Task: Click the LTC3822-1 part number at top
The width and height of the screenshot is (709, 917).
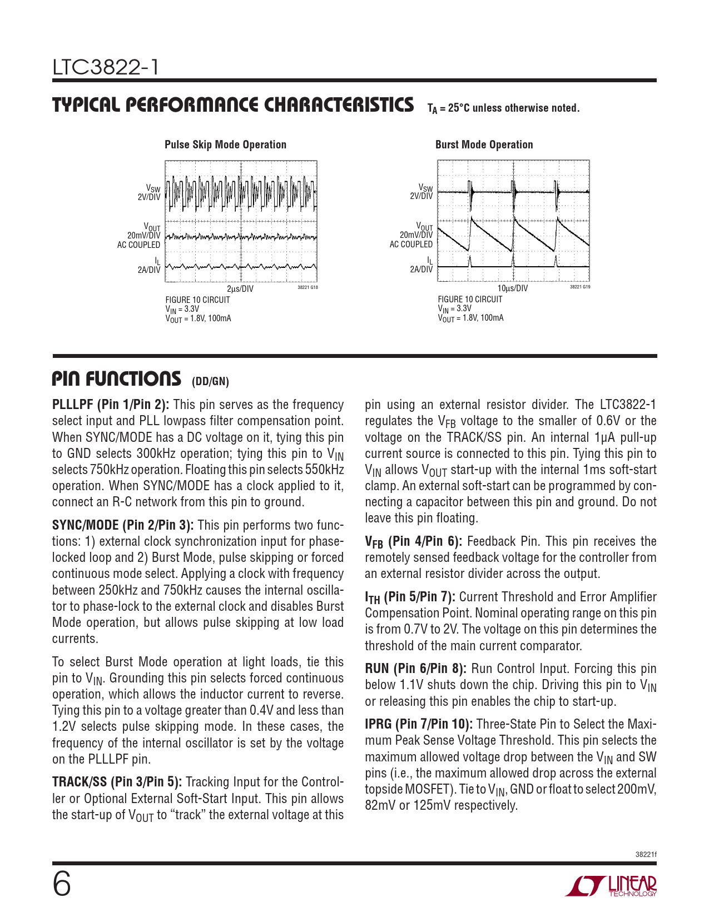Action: (x=106, y=67)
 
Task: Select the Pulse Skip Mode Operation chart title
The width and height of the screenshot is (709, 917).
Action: (x=226, y=144)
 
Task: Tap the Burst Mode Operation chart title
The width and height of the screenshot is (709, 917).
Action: (x=484, y=144)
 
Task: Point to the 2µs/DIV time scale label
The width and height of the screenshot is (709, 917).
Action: (x=240, y=288)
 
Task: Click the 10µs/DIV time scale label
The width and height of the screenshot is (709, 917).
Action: (x=512, y=288)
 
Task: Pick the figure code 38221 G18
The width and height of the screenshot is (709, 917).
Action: (x=308, y=287)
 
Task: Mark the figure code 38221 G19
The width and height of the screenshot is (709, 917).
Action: (x=580, y=287)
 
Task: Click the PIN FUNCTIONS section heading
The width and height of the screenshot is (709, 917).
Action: (x=117, y=378)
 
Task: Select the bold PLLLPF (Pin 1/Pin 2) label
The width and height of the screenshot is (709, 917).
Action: (x=111, y=405)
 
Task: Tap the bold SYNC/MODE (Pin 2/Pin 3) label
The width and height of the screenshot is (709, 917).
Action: (x=123, y=525)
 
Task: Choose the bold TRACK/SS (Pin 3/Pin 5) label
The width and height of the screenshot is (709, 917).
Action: (x=117, y=783)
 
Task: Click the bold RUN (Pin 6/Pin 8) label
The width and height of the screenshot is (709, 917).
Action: (x=416, y=669)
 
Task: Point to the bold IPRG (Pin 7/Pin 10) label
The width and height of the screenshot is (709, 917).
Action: (x=419, y=725)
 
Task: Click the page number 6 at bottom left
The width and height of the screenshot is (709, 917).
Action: (x=62, y=885)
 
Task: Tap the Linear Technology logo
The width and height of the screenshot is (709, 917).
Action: (x=611, y=886)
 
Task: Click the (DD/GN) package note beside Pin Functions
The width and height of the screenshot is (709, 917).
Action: (x=210, y=382)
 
